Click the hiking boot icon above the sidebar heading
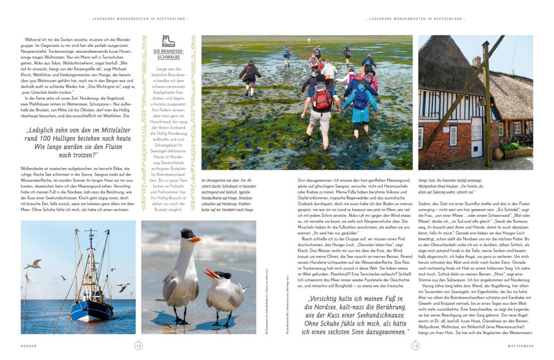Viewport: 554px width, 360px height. pyautogui.click(x=168, y=41)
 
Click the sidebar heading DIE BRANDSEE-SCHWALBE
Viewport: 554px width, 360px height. pyautogui.click(x=168, y=55)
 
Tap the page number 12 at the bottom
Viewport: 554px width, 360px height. pyautogui.click(x=138, y=346)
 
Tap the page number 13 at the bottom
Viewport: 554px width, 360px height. pyautogui.click(x=415, y=346)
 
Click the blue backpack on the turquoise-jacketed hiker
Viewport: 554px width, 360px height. pyautogui.click(x=361, y=98)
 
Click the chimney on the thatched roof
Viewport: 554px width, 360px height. pyautogui.click(x=476, y=61)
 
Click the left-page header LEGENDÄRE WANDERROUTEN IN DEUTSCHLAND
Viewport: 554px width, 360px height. pyautogui.click(x=138, y=19)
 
